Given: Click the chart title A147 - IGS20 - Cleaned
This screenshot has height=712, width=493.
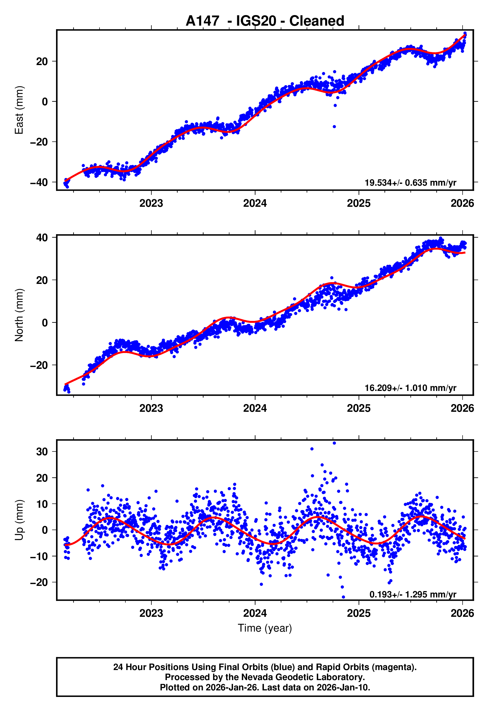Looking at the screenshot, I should pos(265,21).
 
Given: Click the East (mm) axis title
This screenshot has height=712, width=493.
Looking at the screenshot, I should pos(19,110).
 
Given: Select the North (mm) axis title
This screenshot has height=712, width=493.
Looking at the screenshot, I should pos(19,315).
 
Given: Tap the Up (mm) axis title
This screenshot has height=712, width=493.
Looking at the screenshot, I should pos(19,520).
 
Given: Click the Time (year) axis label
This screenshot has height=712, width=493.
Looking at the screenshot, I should pos(265,628).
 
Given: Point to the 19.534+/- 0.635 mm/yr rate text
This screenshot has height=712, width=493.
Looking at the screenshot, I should pos(410,183).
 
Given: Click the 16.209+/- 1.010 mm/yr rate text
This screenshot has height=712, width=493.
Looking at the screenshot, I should pos(410,388).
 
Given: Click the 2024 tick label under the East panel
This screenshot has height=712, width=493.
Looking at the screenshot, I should pos(255,204).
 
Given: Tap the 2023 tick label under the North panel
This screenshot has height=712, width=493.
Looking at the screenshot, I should pos(151,409).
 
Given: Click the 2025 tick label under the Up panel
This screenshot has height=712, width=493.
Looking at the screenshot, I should pos(359,613).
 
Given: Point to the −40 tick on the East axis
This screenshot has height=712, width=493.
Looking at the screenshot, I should pos(39,182).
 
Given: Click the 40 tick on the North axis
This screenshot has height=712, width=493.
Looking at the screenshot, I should pos(42,238).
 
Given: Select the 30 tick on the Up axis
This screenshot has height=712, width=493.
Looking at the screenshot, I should pos(42,452).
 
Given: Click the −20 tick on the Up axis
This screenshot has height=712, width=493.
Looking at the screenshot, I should pos(39,582).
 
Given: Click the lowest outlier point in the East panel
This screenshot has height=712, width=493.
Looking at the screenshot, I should pos(334,127).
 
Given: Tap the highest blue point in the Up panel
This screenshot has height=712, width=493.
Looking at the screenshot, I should pos(334,443).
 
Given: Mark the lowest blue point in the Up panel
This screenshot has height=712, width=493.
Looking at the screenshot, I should pos(343,597).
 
